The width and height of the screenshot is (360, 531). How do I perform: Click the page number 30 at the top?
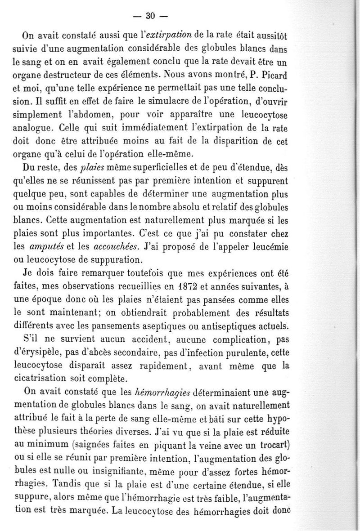click(150, 16)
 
